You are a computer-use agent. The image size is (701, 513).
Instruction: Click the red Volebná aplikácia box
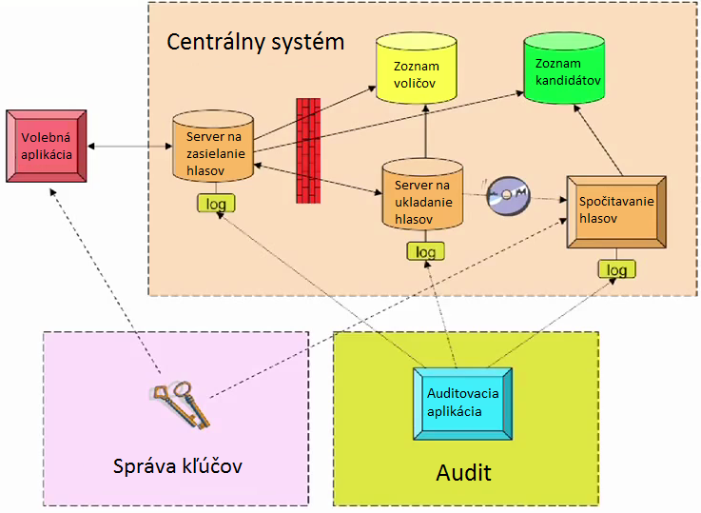(47, 147)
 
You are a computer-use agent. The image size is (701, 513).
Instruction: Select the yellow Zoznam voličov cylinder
(417, 68)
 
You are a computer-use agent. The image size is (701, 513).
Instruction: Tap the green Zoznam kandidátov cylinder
(564, 68)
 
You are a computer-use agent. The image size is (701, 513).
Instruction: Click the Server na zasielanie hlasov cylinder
(213, 147)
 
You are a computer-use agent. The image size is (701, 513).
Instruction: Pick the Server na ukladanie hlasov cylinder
(422, 194)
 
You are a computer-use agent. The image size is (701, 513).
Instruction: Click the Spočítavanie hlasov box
(616, 212)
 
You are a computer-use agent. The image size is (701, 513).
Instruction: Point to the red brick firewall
(308, 150)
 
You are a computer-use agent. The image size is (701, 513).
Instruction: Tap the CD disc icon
(508, 195)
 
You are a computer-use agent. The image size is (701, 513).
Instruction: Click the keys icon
(181, 404)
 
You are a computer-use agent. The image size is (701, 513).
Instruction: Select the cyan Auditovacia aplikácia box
(462, 404)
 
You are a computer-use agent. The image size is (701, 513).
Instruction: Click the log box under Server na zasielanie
(216, 204)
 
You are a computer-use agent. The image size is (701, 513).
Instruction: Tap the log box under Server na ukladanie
(425, 251)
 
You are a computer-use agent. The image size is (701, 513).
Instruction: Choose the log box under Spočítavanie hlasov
(617, 269)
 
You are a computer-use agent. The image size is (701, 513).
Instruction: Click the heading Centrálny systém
(255, 42)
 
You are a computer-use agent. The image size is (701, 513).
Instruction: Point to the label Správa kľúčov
(178, 466)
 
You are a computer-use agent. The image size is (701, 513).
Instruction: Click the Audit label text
(463, 473)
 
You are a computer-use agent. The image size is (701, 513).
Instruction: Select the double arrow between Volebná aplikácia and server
(129, 147)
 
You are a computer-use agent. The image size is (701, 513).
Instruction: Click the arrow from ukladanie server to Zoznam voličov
(425, 131)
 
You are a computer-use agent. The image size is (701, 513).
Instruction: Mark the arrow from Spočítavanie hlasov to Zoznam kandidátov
(597, 141)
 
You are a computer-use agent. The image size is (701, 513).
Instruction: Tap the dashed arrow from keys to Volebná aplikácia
(105, 281)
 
